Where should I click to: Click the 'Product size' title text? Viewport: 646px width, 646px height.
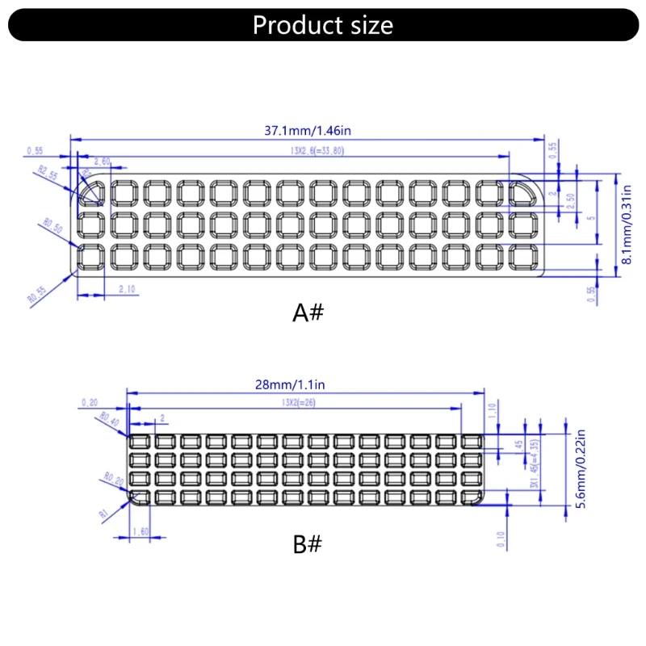click(x=323, y=25)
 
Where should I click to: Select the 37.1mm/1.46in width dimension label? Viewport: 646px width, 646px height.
click(x=309, y=130)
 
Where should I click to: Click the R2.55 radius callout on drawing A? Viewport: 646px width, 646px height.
click(x=48, y=174)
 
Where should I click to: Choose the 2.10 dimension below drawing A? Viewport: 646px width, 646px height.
click(x=126, y=288)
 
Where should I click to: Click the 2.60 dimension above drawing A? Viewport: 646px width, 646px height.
click(x=103, y=162)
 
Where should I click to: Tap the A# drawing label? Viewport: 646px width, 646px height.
click(x=307, y=313)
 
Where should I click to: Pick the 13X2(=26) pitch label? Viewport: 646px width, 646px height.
click(x=298, y=402)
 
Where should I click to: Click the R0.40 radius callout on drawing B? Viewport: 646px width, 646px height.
click(x=110, y=418)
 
